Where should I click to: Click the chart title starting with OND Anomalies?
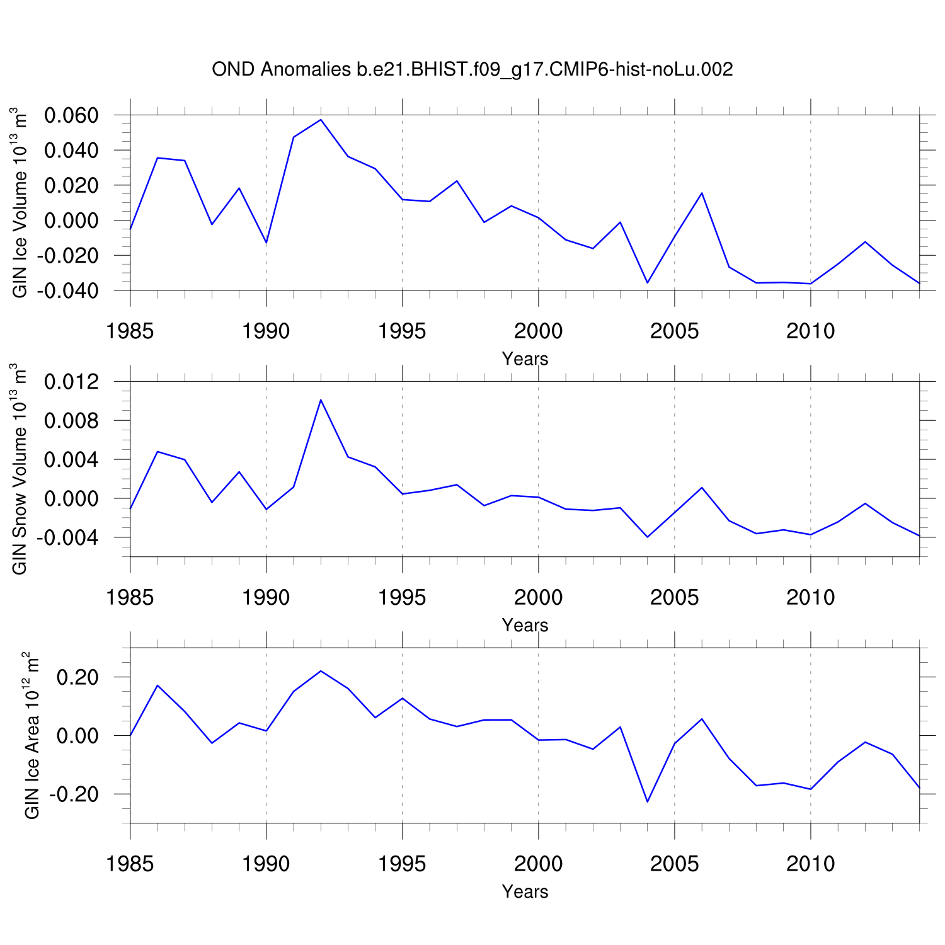pyautogui.click(x=472, y=69)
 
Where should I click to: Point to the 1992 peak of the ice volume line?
pyautogui.click(x=321, y=120)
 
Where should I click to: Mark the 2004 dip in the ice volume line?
pyautogui.click(x=648, y=283)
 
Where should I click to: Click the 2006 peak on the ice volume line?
pyautogui.click(x=702, y=193)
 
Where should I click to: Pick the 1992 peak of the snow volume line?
pyautogui.click(x=321, y=399)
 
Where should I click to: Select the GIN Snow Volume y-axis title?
pyautogui.click(x=20, y=469)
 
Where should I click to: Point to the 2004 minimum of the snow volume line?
pyautogui.click(x=648, y=537)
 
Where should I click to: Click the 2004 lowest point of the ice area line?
pyautogui.click(x=648, y=801)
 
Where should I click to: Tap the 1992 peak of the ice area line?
pyautogui.click(x=321, y=671)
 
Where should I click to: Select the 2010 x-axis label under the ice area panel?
pyautogui.click(x=810, y=864)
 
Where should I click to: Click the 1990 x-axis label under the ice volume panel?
pyautogui.click(x=266, y=331)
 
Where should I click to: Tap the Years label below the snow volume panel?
pyautogui.click(x=525, y=626)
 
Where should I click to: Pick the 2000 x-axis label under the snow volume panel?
pyautogui.click(x=538, y=597)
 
